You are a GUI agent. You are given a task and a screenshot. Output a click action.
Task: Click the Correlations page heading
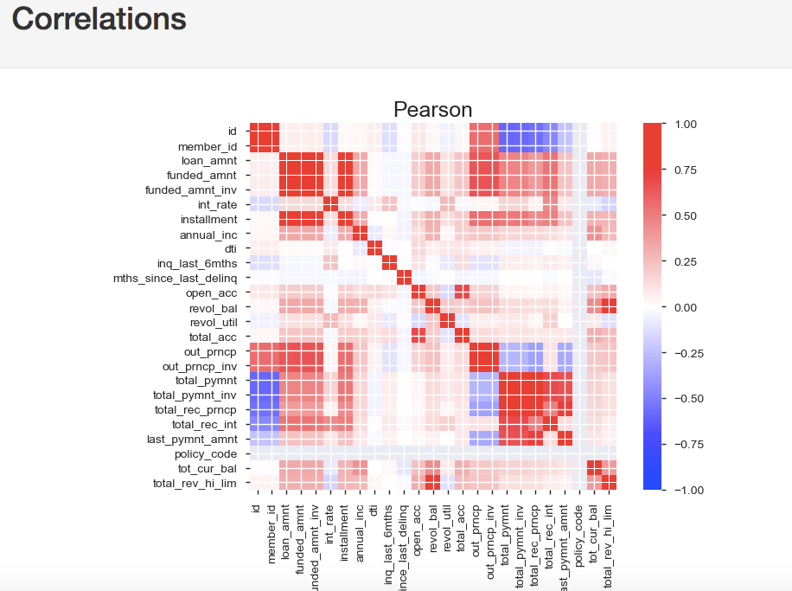pyautogui.click(x=99, y=19)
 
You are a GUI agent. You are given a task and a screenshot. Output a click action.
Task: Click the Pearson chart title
pyautogui.click(x=433, y=109)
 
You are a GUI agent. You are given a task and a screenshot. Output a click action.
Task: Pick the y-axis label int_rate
pyautogui.click(x=217, y=204)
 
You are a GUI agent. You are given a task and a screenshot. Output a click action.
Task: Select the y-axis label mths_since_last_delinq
pyautogui.click(x=175, y=278)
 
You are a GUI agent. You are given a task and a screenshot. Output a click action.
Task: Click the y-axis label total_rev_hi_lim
pyautogui.click(x=195, y=483)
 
